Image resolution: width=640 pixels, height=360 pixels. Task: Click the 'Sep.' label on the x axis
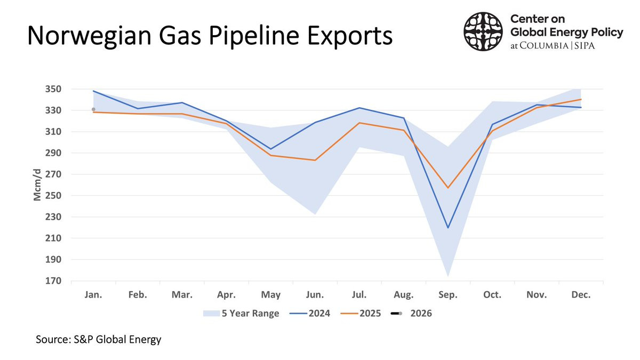448,295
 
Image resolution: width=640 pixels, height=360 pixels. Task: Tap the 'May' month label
270,295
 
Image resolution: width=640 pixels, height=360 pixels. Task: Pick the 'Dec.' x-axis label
580,295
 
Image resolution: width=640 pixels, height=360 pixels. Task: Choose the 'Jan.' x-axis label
93,295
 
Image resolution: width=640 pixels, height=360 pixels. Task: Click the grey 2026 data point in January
93,109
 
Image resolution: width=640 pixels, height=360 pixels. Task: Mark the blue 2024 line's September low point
448,228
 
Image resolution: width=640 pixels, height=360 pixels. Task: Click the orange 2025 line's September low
448,188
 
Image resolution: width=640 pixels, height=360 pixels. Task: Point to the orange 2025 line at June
315,160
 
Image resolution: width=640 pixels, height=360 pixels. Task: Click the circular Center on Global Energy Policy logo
484,32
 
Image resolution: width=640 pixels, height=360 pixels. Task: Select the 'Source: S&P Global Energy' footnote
98,339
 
